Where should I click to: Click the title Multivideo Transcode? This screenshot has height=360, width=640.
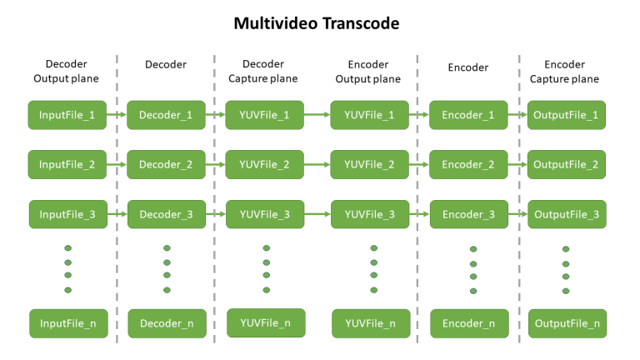[317, 23]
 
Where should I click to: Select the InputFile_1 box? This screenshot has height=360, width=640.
[67, 115]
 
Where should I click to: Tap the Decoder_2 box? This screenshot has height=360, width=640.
[166, 164]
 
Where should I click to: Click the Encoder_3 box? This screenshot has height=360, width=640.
[469, 214]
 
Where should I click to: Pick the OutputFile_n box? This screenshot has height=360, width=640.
[567, 323]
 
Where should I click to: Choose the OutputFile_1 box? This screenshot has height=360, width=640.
[567, 115]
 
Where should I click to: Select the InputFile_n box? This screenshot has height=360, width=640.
[68, 323]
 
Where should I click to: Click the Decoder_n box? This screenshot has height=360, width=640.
[167, 323]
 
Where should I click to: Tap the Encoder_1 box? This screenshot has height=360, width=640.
[468, 115]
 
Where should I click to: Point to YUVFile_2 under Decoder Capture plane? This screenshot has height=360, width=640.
[264, 164]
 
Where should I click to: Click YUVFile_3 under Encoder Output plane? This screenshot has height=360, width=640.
[370, 214]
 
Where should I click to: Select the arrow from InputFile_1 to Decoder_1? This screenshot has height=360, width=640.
[117, 115]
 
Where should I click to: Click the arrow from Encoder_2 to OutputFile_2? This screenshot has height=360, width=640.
[517, 164]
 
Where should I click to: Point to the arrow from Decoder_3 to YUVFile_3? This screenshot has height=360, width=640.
[216, 214]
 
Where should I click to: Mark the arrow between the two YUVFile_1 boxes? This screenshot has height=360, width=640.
[317, 115]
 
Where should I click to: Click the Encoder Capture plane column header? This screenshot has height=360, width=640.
[564, 72]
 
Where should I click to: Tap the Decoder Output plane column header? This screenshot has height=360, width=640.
[66, 71]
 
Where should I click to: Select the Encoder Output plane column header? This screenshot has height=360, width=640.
[368, 72]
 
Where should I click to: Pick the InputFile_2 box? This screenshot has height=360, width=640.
[67, 164]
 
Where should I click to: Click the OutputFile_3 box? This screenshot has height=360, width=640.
[567, 214]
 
